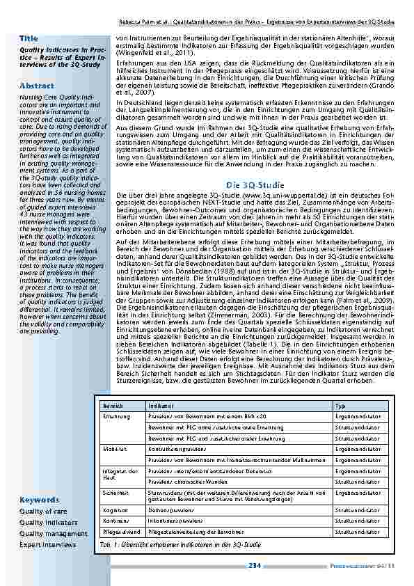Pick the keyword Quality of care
click(44, 511)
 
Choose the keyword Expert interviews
click(47, 544)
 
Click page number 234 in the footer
click(255, 566)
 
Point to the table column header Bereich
click(113, 404)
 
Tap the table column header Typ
click(340, 404)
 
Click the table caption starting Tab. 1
click(180, 544)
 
